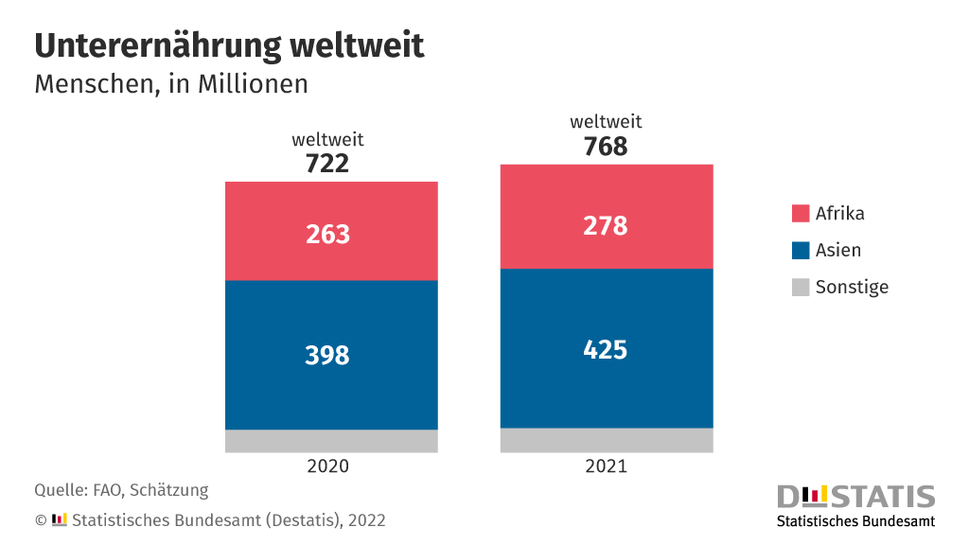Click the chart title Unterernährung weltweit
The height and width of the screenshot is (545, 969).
point(229,45)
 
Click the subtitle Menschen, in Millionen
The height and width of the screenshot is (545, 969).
point(171,84)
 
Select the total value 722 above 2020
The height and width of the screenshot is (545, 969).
point(327,164)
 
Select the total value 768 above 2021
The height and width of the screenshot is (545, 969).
point(606,147)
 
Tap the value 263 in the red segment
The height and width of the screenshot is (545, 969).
point(327,234)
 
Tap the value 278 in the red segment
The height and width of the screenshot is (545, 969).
point(606,226)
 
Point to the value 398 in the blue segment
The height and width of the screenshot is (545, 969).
point(327,355)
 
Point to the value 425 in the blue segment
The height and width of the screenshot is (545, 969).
point(606,349)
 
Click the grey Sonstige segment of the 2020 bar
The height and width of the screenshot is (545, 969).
point(331,441)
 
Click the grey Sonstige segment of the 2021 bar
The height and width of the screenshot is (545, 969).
point(607,440)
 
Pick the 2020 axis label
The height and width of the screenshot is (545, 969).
point(328,466)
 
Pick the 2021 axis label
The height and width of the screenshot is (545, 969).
point(606,466)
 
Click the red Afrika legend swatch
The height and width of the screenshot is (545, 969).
point(801,214)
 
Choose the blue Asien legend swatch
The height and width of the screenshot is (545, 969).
point(801,251)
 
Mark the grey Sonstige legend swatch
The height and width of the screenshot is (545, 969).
point(801,288)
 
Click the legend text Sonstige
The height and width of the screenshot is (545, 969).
point(852,288)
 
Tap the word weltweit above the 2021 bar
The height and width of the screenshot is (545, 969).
point(606,122)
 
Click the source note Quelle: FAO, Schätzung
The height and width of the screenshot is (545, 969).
point(121,490)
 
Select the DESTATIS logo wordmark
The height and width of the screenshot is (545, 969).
point(855,497)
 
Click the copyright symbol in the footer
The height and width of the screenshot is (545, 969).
point(41,520)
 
